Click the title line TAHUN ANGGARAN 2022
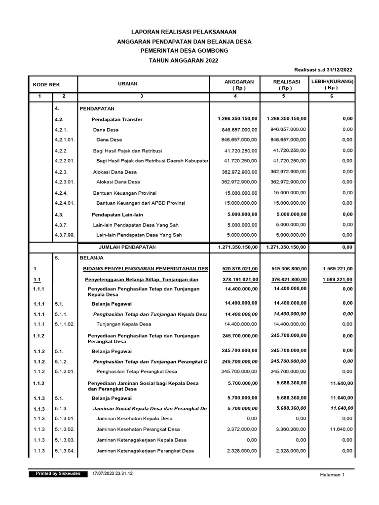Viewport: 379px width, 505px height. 184,60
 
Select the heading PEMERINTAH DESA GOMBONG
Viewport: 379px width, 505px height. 184,51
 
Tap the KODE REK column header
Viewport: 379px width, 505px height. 46,85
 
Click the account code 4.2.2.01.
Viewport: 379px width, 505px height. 65,161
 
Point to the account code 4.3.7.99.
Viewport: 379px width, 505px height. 65,235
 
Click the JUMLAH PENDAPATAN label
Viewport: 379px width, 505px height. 127,247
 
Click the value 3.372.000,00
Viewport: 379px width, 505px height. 240,430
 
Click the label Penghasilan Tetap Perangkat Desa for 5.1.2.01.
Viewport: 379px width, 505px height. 137,371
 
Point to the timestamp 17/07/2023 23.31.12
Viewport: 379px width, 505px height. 113,473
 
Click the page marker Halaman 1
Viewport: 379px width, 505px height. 332,474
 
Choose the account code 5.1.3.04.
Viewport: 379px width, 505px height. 65,451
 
